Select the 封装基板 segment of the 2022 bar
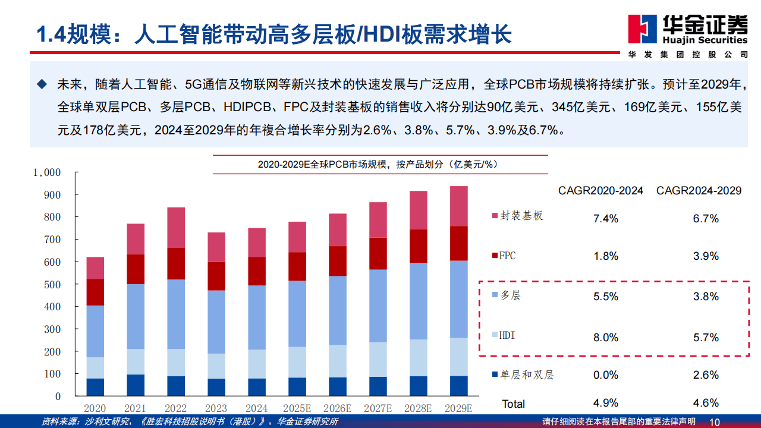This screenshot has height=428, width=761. point(168,227)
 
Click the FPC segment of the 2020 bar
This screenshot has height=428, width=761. point(95,292)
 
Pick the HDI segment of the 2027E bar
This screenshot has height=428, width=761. point(378,359)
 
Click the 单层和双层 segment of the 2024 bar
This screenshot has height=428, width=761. point(257,387)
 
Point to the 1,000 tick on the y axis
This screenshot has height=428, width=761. point(47,172)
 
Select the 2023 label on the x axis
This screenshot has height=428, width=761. point(216,408)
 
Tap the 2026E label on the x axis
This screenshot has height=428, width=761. point(338,408)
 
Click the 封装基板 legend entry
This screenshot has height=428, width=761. point(517,216)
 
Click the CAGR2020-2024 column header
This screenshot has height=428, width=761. point(600,191)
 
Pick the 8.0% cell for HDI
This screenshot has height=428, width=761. point(606,338)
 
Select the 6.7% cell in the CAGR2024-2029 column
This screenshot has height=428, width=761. point(706,219)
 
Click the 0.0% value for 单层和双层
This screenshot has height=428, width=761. point(606,375)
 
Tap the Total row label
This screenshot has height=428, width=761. point(513,404)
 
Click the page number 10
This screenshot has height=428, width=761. point(715,422)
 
